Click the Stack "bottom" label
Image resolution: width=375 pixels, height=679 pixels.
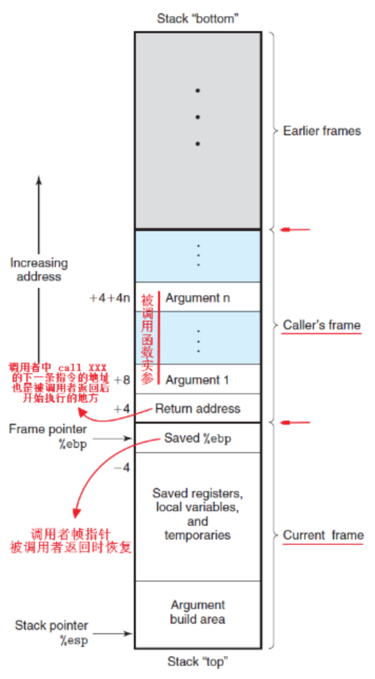198,19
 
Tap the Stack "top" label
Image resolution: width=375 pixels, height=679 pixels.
198,661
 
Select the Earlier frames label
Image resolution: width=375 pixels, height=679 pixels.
322,131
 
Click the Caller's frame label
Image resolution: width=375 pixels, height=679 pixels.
322,325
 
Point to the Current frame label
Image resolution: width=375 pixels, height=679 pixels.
323,535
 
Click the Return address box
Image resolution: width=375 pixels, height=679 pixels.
198,408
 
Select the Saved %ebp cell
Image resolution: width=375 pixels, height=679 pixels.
198,438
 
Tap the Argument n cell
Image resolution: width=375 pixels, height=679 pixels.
198,298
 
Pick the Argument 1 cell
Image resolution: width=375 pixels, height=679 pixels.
198,380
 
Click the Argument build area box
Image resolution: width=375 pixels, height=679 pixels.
198,612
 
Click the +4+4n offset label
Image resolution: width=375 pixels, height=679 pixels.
110,298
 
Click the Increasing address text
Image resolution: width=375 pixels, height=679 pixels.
39,269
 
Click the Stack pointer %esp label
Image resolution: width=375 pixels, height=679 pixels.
51,633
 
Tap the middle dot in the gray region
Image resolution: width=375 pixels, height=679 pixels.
198,117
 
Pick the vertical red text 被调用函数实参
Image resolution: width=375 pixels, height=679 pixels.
146,339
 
